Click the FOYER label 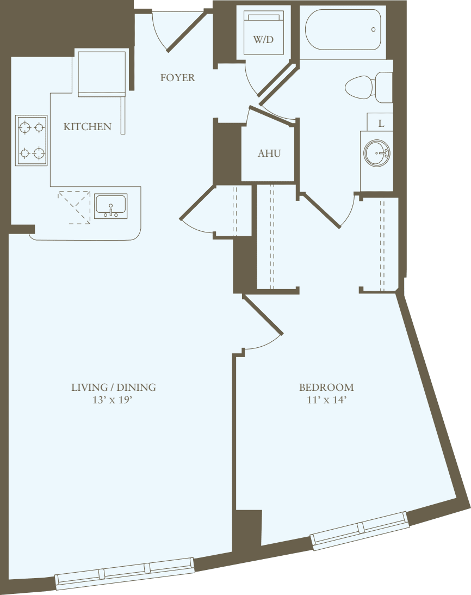pos(177,78)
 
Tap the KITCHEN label pos(88,127)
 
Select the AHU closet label pos(269,154)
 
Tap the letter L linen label pos(381,124)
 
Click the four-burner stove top pos(31,140)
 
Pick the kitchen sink pos(110,206)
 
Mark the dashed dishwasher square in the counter pos(74,207)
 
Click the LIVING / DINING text pos(114,388)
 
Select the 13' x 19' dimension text pos(114,400)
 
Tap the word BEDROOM pos(326,388)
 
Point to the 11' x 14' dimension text pos(326,400)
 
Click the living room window pos(125,573)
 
